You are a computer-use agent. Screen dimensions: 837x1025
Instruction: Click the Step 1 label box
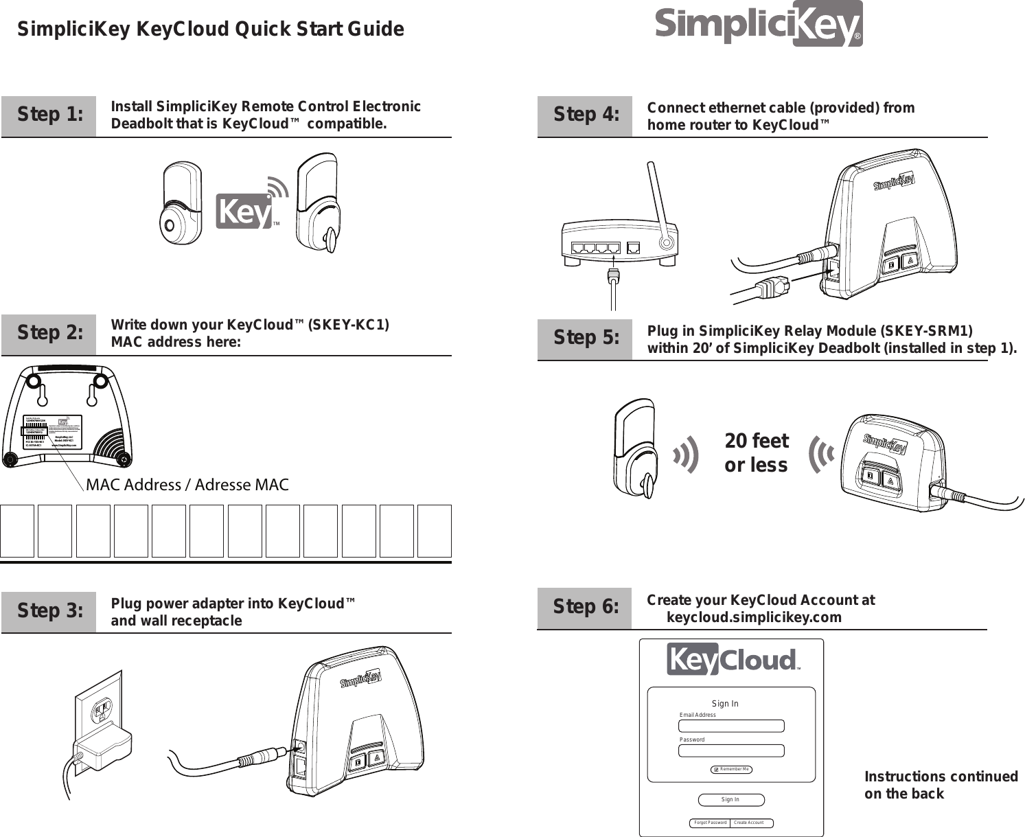(x=49, y=115)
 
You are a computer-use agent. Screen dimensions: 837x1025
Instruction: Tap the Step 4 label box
(x=585, y=115)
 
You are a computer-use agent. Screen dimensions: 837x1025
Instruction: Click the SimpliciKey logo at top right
(x=758, y=25)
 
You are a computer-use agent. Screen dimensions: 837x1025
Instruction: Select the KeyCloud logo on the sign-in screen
(x=731, y=660)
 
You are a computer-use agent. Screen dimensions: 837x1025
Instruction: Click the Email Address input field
(x=731, y=726)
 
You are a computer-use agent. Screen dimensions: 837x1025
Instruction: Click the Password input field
(x=731, y=750)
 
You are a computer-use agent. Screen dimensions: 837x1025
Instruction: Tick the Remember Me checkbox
(x=715, y=770)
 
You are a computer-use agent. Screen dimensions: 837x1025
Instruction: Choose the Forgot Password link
(x=710, y=823)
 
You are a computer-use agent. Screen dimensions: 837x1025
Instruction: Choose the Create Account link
(x=748, y=823)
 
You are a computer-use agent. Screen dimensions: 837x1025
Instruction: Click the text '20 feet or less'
(x=756, y=452)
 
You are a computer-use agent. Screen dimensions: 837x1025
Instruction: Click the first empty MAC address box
(x=17, y=531)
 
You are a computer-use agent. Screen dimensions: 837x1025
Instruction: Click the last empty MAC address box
(x=434, y=531)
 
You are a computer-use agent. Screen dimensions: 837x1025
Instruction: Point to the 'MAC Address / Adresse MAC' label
(x=187, y=485)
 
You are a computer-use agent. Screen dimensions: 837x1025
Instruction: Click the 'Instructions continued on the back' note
(x=940, y=785)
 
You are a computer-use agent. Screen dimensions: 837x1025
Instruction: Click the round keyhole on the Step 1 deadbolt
(x=169, y=225)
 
